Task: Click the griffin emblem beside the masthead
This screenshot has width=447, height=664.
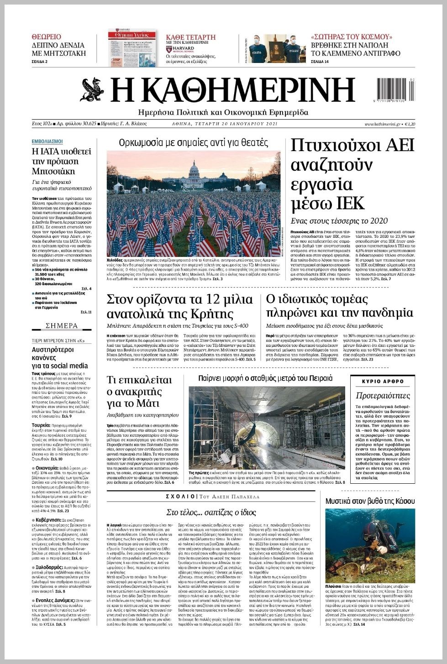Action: [x=93, y=90]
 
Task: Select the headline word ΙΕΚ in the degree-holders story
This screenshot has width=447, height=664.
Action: [x=350, y=202]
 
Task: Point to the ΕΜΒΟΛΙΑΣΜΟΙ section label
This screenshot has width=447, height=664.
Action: [x=47, y=141]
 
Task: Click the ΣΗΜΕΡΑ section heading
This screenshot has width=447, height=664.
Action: [x=62, y=326]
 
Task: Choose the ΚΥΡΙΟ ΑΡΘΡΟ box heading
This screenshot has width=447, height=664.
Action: [x=383, y=382]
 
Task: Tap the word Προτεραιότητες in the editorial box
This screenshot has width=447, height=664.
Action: [x=383, y=396]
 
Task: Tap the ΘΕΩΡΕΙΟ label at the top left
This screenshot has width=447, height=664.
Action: [x=46, y=37]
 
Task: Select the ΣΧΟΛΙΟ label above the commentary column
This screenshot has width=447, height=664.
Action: [x=181, y=497]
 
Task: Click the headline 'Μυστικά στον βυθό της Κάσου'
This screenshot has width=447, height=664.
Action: [x=370, y=501]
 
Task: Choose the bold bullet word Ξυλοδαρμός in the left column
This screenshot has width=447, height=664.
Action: [x=49, y=567]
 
